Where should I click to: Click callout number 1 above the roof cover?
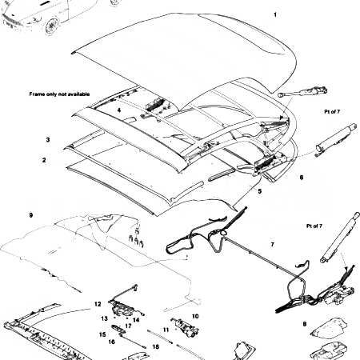click(275, 15)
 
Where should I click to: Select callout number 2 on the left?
click(45, 160)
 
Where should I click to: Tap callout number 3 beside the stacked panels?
click(49, 139)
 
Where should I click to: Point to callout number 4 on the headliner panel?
click(118, 110)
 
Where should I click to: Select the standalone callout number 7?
click(272, 243)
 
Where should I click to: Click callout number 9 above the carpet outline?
click(30, 216)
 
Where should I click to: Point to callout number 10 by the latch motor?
click(195, 316)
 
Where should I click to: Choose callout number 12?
click(98, 304)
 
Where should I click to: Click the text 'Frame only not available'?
click(61, 93)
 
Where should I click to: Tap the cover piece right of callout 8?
click(329, 326)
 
